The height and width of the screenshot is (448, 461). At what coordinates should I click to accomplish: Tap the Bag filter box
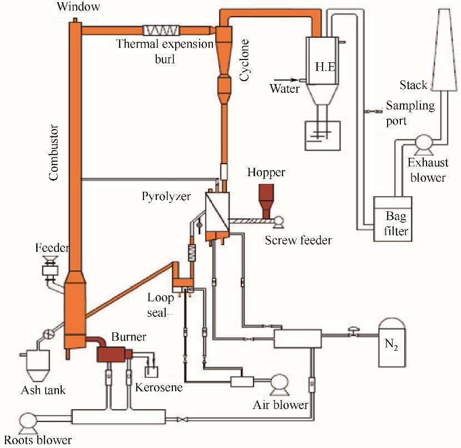[393, 219]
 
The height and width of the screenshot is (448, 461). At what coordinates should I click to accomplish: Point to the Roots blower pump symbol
[27, 420]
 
